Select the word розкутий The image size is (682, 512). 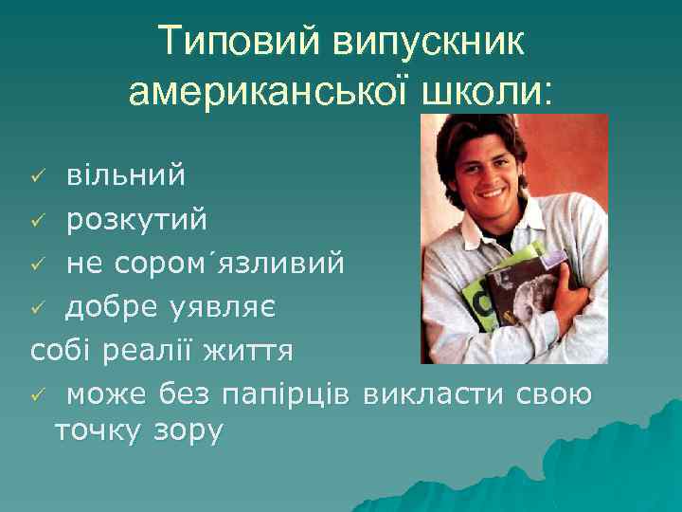click(x=135, y=220)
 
